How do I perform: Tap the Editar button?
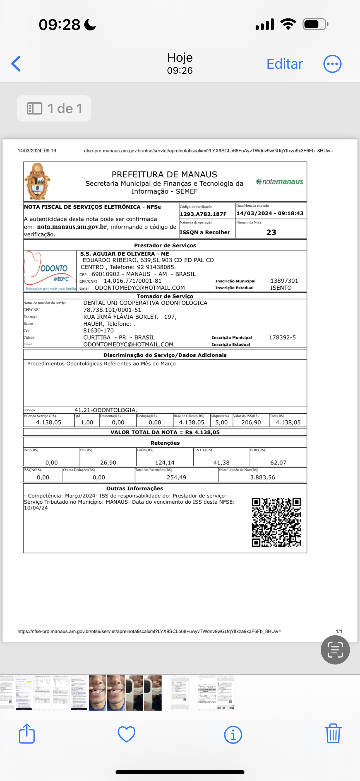pyautogui.click(x=285, y=64)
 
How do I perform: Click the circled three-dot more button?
pyautogui.click(x=332, y=64)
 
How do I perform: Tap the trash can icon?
pyautogui.click(x=333, y=734)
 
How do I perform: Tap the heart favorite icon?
pyautogui.click(x=126, y=734)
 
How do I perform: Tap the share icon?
pyautogui.click(x=27, y=734)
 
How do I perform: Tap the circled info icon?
pyautogui.click(x=233, y=734)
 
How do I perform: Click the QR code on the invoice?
pyautogui.click(x=276, y=522)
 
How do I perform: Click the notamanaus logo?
pyautogui.click(x=279, y=182)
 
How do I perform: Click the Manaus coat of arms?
pyautogui.click(x=37, y=181)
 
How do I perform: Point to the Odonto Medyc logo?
pyautogui.click(x=50, y=271)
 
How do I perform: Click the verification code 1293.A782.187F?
pyautogui.click(x=203, y=214)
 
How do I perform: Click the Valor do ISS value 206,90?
pyautogui.click(x=251, y=422)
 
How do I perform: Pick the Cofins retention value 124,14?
pyautogui.click(x=165, y=462)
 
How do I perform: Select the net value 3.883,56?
pyautogui.click(x=262, y=477)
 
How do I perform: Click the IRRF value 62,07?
pyautogui.click(x=278, y=462)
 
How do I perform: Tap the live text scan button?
pyautogui.click(x=335, y=649)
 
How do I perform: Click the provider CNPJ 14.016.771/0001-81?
pyautogui.click(x=133, y=281)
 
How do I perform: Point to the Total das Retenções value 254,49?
pyautogui.click(x=176, y=477)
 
